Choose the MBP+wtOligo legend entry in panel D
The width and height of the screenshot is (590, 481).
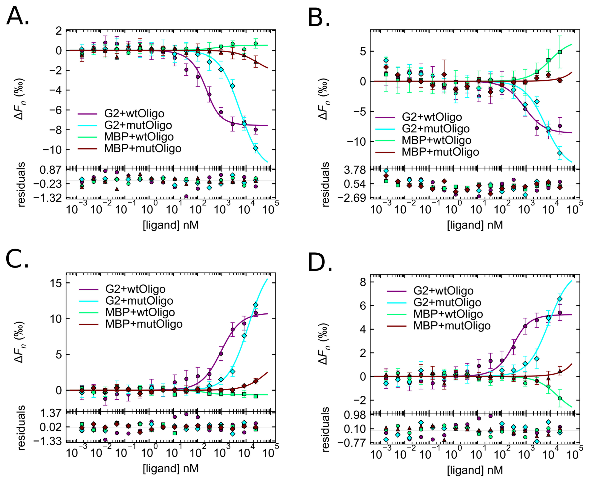point(448,314)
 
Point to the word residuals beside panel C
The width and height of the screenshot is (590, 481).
point(21,428)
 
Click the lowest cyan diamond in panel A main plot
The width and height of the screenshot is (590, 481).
point(256,149)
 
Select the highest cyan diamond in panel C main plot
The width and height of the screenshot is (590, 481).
point(256,305)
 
